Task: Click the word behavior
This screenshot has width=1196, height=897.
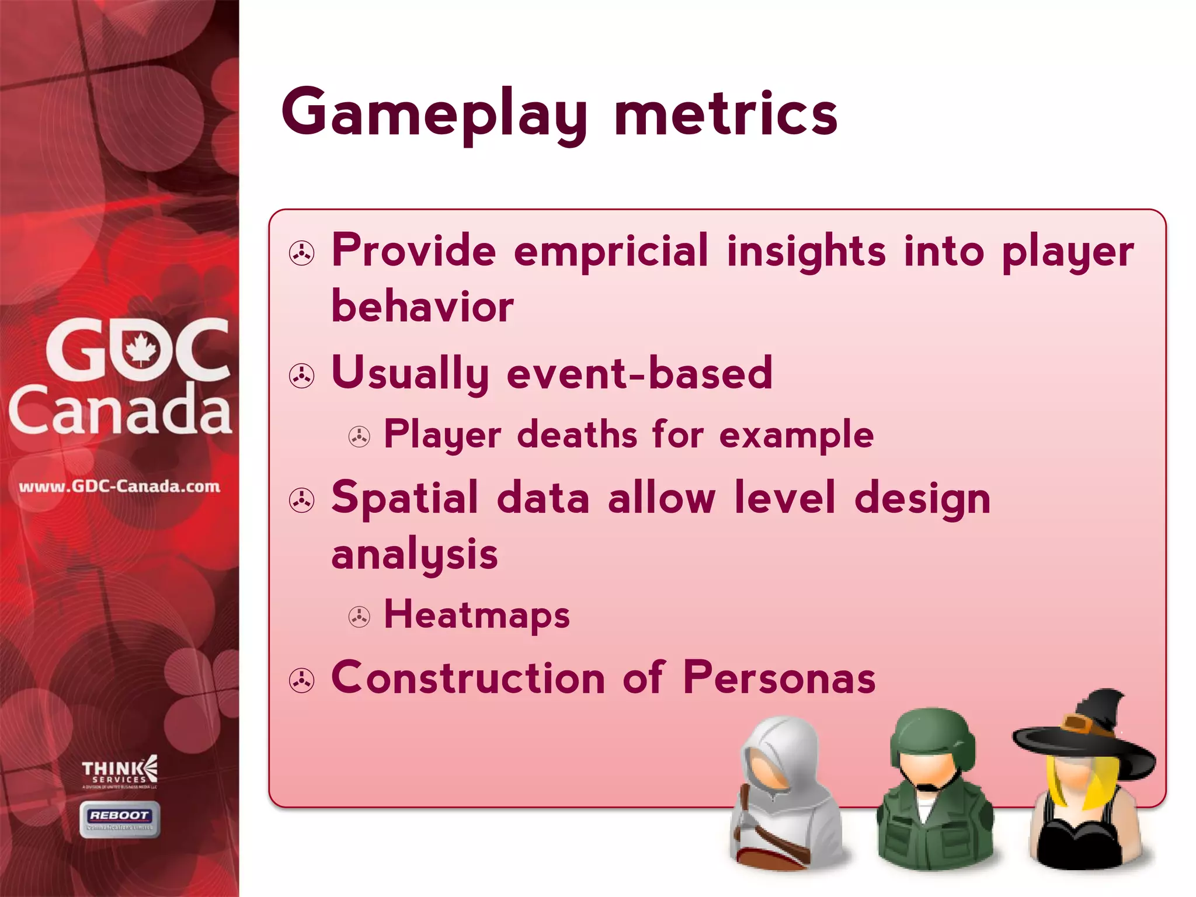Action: point(422,307)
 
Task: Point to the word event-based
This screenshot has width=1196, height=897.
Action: point(639,373)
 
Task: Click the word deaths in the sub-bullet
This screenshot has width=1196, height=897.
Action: point(577,435)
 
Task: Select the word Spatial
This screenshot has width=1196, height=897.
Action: point(405,498)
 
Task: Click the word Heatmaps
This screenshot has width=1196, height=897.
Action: point(477,615)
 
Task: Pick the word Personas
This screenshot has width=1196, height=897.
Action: point(779,678)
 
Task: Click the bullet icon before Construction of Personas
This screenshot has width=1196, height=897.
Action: point(302,680)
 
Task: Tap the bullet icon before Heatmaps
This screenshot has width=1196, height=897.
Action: point(359,617)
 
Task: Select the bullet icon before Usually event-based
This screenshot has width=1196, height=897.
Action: point(302,376)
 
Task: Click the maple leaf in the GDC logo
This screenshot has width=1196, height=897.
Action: point(140,350)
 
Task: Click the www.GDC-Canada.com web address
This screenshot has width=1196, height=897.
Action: point(120,486)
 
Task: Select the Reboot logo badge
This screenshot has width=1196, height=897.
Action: point(120,819)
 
